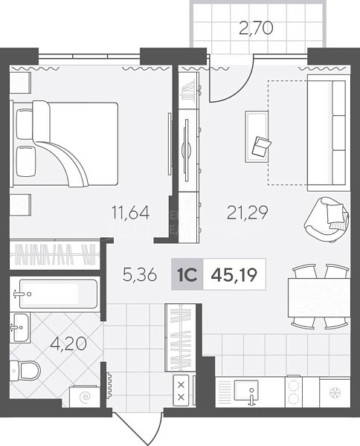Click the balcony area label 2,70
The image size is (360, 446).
point(256,28)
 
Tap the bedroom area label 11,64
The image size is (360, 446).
point(131,213)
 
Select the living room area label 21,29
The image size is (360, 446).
point(247,213)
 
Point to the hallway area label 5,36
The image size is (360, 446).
point(140,275)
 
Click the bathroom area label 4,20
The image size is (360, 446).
point(68,344)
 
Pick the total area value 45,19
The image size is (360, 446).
point(234,275)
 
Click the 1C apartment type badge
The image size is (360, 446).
point(187,274)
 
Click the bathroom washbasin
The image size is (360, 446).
point(21,328)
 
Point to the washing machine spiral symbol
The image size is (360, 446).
point(85,396)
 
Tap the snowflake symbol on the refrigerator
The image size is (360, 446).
point(335,393)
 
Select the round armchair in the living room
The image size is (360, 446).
point(327,219)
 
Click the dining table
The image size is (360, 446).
point(319,297)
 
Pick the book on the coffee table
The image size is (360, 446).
point(261,146)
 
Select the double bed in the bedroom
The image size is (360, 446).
point(64,144)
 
